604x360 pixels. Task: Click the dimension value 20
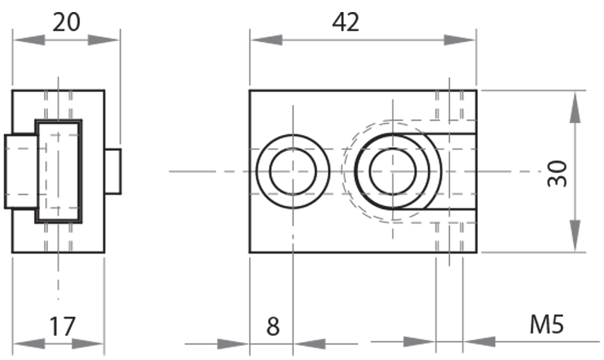tap(66, 23)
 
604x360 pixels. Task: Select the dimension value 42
tap(346, 23)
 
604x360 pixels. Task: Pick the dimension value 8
tap(273, 327)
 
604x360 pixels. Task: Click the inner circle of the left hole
tap(291, 171)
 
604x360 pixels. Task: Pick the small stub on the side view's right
tap(113, 171)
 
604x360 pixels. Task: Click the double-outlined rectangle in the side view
tap(60, 171)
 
